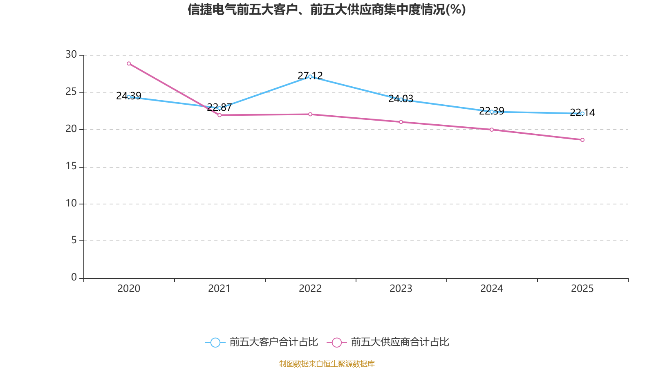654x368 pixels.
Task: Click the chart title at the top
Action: pos(327,9)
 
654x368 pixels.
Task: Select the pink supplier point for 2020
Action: pos(129,63)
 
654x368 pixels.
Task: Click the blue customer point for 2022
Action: pos(310,76)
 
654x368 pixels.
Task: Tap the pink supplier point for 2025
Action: pos(582,140)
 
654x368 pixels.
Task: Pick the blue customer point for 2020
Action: pos(129,97)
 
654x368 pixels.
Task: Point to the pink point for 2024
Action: pos(492,130)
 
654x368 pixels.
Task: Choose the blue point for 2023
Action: pos(401,99)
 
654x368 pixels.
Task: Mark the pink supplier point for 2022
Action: pos(310,114)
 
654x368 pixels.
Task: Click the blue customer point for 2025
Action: pos(582,113)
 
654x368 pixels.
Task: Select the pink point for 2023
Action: pos(401,122)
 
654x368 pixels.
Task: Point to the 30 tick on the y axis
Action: pos(71,54)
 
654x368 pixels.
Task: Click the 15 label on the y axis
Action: pos(71,166)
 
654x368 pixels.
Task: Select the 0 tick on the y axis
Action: pos(74,278)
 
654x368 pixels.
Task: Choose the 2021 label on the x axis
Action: pos(219,289)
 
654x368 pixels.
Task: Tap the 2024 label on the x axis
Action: pos(492,289)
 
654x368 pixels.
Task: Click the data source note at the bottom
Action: pos(327,364)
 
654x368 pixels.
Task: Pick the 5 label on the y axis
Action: pos(74,240)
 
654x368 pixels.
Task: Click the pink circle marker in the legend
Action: pos(337,342)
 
